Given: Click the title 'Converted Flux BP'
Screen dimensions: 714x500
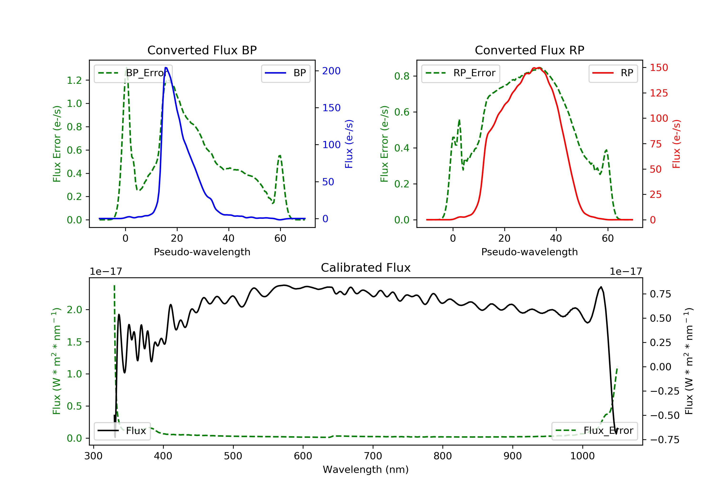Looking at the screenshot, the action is tap(202, 50).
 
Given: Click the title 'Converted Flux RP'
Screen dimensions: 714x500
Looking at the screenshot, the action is tap(529, 50).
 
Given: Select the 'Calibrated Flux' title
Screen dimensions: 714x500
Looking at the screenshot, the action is tap(366, 268).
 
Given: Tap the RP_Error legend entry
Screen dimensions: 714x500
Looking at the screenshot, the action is tap(460, 73).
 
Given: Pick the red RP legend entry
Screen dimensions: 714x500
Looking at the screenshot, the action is tap(613, 73).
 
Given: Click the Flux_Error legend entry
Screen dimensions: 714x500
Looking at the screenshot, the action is tap(594, 431).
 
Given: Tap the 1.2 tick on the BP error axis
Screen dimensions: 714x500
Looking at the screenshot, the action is tap(74, 80).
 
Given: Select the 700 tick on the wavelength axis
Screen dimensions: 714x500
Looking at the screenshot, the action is tap(373, 456).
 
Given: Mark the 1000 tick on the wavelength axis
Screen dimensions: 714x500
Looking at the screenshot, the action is tap(582, 456).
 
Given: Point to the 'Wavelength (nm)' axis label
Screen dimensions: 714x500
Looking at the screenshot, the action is tap(366, 470).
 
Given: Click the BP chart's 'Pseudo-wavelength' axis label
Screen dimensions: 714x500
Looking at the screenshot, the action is tap(202, 252).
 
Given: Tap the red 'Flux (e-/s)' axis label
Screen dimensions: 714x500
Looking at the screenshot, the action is tap(676, 144).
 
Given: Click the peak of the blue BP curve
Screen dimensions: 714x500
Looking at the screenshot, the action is tap(166, 68).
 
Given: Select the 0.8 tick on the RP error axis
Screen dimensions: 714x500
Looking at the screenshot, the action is tap(402, 76).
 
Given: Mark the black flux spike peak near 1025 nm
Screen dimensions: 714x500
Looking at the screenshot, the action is tap(601, 287).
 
